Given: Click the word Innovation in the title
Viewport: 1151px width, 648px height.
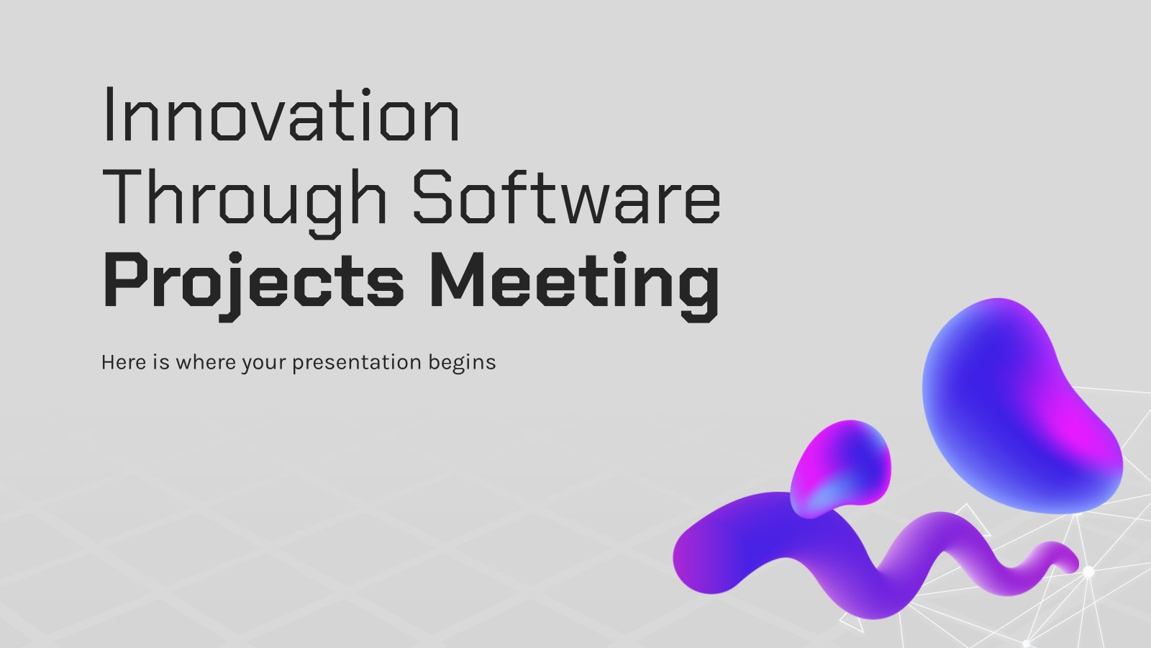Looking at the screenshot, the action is click(x=281, y=114).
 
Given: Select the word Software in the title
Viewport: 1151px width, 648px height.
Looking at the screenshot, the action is click(x=566, y=197).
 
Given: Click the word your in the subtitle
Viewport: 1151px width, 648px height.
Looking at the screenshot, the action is click(x=263, y=364).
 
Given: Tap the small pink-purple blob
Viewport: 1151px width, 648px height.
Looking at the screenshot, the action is click(x=840, y=469).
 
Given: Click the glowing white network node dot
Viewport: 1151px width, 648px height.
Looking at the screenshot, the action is click(x=1088, y=572).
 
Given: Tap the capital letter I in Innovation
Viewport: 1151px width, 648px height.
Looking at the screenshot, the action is click(x=109, y=114).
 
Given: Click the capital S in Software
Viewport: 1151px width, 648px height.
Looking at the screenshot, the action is click(x=432, y=197).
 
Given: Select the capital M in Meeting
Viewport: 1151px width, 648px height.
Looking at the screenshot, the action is click(x=458, y=281).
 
